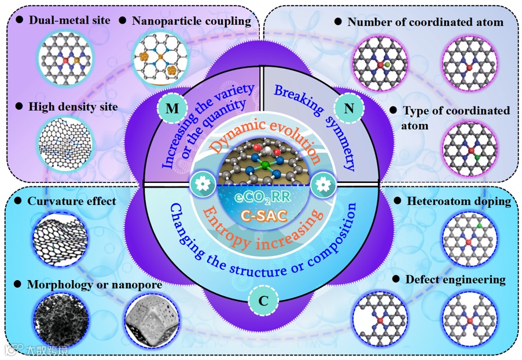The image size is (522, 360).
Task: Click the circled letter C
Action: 263,300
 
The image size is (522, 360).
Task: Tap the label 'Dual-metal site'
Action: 64,21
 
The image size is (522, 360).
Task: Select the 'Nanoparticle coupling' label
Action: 191,21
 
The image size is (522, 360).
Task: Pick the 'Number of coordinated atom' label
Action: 425,22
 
